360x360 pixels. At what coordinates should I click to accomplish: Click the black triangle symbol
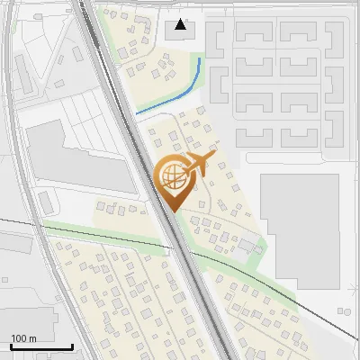click(181, 24)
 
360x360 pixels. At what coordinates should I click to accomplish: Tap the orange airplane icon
click(199, 165)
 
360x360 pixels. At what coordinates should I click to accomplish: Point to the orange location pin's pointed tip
click(171, 211)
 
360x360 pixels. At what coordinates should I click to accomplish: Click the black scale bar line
click(41, 346)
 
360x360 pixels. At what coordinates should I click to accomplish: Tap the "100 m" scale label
click(23, 338)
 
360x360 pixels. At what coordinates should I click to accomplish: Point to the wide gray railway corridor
click(144, 162)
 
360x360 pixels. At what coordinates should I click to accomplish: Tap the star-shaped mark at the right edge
click(353, 286)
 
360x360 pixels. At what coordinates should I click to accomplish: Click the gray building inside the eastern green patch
click(246, 244)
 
